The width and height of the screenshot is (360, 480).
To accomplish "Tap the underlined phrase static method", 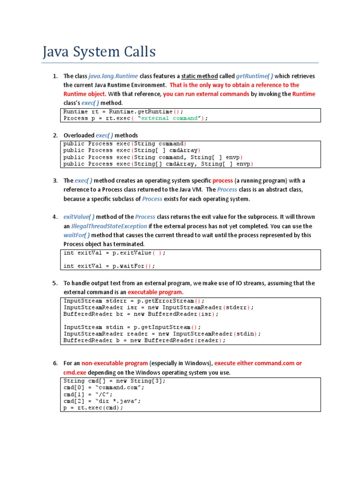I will [200, 76].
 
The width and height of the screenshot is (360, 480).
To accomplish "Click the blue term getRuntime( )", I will [254, 76].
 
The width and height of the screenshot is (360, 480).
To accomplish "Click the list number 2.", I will [55, 135].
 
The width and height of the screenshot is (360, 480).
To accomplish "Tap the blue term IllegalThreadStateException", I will [109, 226].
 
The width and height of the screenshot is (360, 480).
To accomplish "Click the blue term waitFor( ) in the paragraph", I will [77, 235].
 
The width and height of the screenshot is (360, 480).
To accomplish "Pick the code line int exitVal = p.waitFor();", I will [109, 266].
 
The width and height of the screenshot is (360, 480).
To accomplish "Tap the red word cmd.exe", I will [75, 372].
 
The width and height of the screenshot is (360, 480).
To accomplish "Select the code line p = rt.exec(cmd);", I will [93, 408].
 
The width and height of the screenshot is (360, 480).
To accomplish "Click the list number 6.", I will [55, 363].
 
